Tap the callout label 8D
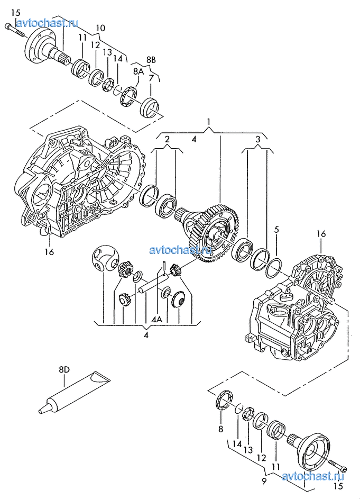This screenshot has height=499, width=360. pyautogui.click(x=64, y=369)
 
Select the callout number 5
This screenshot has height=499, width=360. pyautogui.click(x=276, y=229)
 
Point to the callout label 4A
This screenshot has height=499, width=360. pyautogui.click(x=157, y=319)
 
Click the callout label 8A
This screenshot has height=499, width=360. pyautogui.click(x=139, y=71)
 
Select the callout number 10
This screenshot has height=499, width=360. pyautogui.click(x=100, y=28)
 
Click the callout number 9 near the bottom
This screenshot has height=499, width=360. pyautogui.click(x=264, y=482)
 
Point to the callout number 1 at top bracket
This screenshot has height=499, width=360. pyautogui.click(x=209, y=122)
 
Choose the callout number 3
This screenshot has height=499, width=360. pyautogui.click(x=258, y=139)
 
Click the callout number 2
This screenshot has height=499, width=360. pyautogui.click(x=168, y=139)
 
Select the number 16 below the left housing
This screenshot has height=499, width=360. pyautogui.click(x=49, y=252)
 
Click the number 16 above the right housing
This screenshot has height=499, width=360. pyautogui.click(x=321, y=234)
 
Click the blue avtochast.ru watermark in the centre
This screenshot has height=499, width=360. pyautogui.click(x=181, y=250)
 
